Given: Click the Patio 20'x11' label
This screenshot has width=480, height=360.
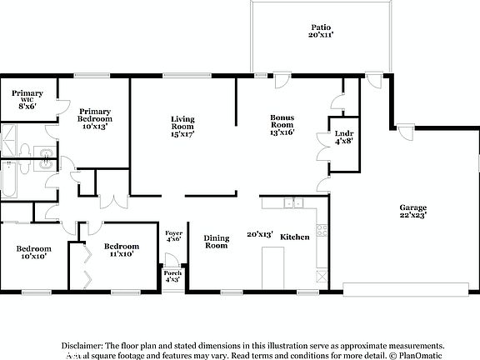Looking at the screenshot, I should tap(321, 32).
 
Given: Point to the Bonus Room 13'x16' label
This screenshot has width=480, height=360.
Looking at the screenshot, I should tap(283, 125).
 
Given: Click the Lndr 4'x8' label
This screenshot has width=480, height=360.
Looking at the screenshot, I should tap(342, 137).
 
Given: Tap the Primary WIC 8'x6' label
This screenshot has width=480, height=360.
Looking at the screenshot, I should tap(27, 99).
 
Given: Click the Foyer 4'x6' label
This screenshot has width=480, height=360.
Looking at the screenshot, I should tap(173, 236).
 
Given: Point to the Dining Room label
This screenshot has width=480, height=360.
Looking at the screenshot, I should tap(217, 242).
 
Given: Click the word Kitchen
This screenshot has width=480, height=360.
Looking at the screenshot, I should tap(295, 237).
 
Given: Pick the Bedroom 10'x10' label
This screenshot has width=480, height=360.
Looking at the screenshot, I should tap(34, 252).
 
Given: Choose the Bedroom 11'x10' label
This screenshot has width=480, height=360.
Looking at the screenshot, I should tap(122, 251).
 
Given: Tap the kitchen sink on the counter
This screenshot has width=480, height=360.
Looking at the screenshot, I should tap(292, 202).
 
